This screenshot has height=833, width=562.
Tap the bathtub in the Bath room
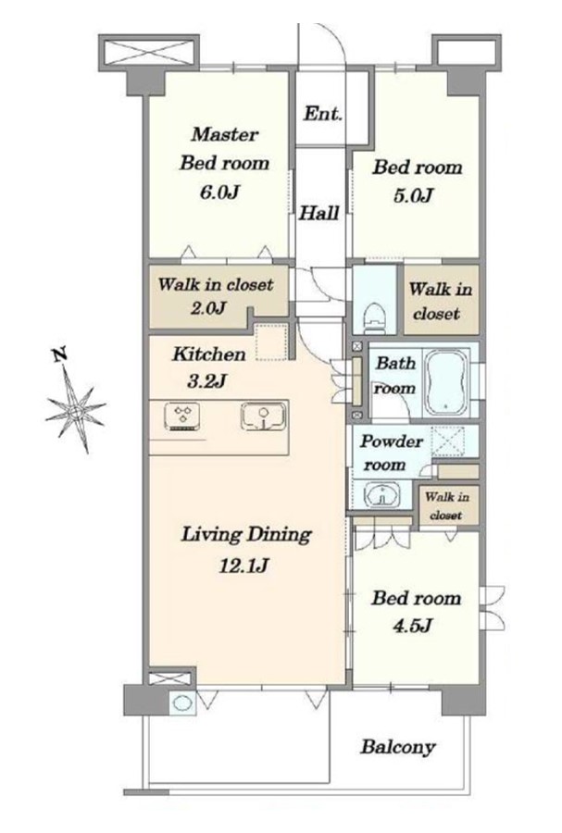point(447,382)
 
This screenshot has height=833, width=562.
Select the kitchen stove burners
point(182,416)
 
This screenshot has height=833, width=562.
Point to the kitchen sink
point(264,416)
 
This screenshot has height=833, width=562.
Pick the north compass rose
point(75,410)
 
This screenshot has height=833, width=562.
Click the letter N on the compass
point(60,354)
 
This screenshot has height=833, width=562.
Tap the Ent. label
point(322,113)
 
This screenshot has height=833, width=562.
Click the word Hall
point(318,213)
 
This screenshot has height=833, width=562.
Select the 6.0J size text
point(219,191)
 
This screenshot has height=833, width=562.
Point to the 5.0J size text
point(413,195)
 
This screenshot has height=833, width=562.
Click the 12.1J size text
point(244,566)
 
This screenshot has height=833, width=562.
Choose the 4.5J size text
point(412,626)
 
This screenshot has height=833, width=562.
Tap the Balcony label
point(398,747)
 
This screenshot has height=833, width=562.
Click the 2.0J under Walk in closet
point(208,307)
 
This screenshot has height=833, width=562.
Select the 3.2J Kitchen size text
point(207,380)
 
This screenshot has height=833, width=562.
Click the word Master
point(224,134)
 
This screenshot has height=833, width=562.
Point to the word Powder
point(392,441)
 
